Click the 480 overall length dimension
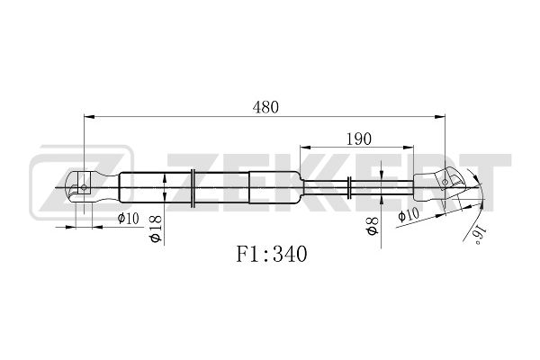coord(265,107)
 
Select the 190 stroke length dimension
coord(358,139)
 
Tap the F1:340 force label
coord(272,254)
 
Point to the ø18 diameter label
coord(156,229)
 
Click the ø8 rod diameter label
coord(373,226)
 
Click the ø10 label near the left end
coord(128,218)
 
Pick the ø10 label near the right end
coord(409,214)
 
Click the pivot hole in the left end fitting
coord(84,187)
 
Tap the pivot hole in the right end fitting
coord(445,182)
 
